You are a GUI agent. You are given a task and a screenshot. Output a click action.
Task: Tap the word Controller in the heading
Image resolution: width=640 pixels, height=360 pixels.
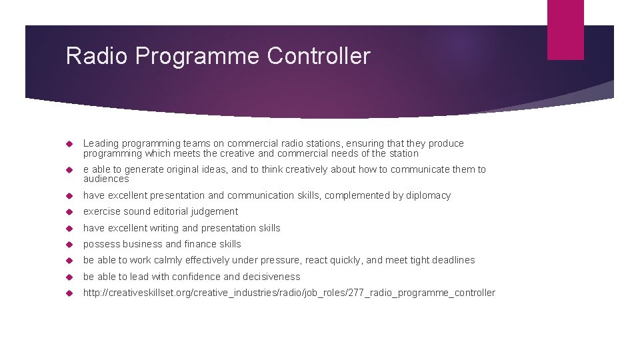click(x=318, y=56)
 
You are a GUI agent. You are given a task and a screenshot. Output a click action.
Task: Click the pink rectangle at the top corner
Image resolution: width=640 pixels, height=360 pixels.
click(x=565, y=29)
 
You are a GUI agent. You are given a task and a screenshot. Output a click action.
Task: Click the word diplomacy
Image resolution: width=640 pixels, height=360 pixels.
click(x=427, y=195)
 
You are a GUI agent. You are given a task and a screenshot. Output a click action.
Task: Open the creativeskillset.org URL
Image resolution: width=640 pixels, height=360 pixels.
click(x=289, y=293)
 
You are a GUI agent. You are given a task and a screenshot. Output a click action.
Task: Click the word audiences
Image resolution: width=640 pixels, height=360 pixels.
click(x=105, y=179)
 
